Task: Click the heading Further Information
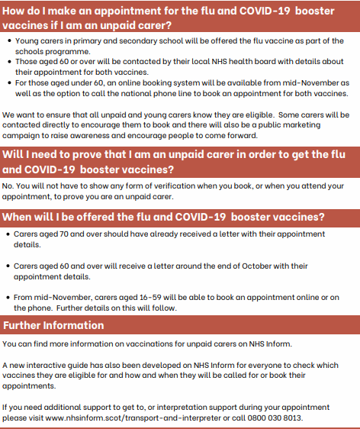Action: (x=53, y=325)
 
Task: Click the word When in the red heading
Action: (x=19, y=216)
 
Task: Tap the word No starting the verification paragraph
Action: (x=8, y=185)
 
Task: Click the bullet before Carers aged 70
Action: (x=8, y=234)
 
